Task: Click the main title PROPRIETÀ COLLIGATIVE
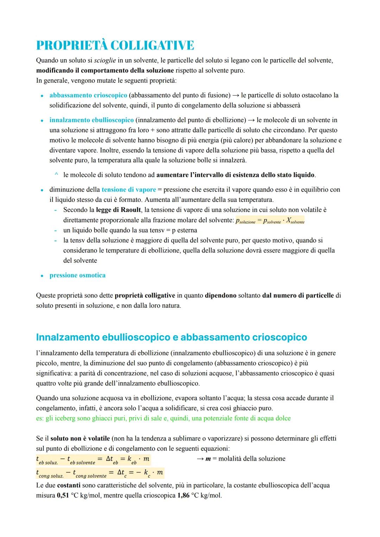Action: pyautogui.click(x=115, y=45)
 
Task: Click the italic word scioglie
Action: pyautogui.click(x=104, y=60)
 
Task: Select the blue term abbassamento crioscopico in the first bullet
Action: pyautogui.click(x=88, y=95)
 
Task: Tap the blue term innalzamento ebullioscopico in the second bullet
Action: pyautogui.click(x=91, y=120)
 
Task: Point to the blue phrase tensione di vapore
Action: pyautogui.click(x=129, y=189)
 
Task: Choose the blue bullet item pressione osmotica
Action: pyautogui.click(x=77, y=275)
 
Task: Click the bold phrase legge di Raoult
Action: pyautogui.click(x=118, y=210)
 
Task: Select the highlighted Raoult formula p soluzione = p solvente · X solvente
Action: pyautogui.click(x=270, y=220)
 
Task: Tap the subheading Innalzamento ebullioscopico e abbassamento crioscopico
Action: pyautogui.click(x=171, y=337)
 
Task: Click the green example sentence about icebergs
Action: pyautogui.click(x=163, y=418)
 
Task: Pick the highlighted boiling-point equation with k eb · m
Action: pyautogui.click(x=93, y=459)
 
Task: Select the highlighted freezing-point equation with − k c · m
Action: pyautogui.click(x=100, y=473)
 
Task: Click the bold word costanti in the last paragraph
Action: pyautogui.click(x=69, y=485)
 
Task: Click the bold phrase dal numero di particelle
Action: pyautogui.click(x=298, y=295)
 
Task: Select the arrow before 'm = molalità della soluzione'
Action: pyautogui.click(x=200, y=458)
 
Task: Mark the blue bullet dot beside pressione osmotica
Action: pyautogui.click(x=42, y=276)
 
